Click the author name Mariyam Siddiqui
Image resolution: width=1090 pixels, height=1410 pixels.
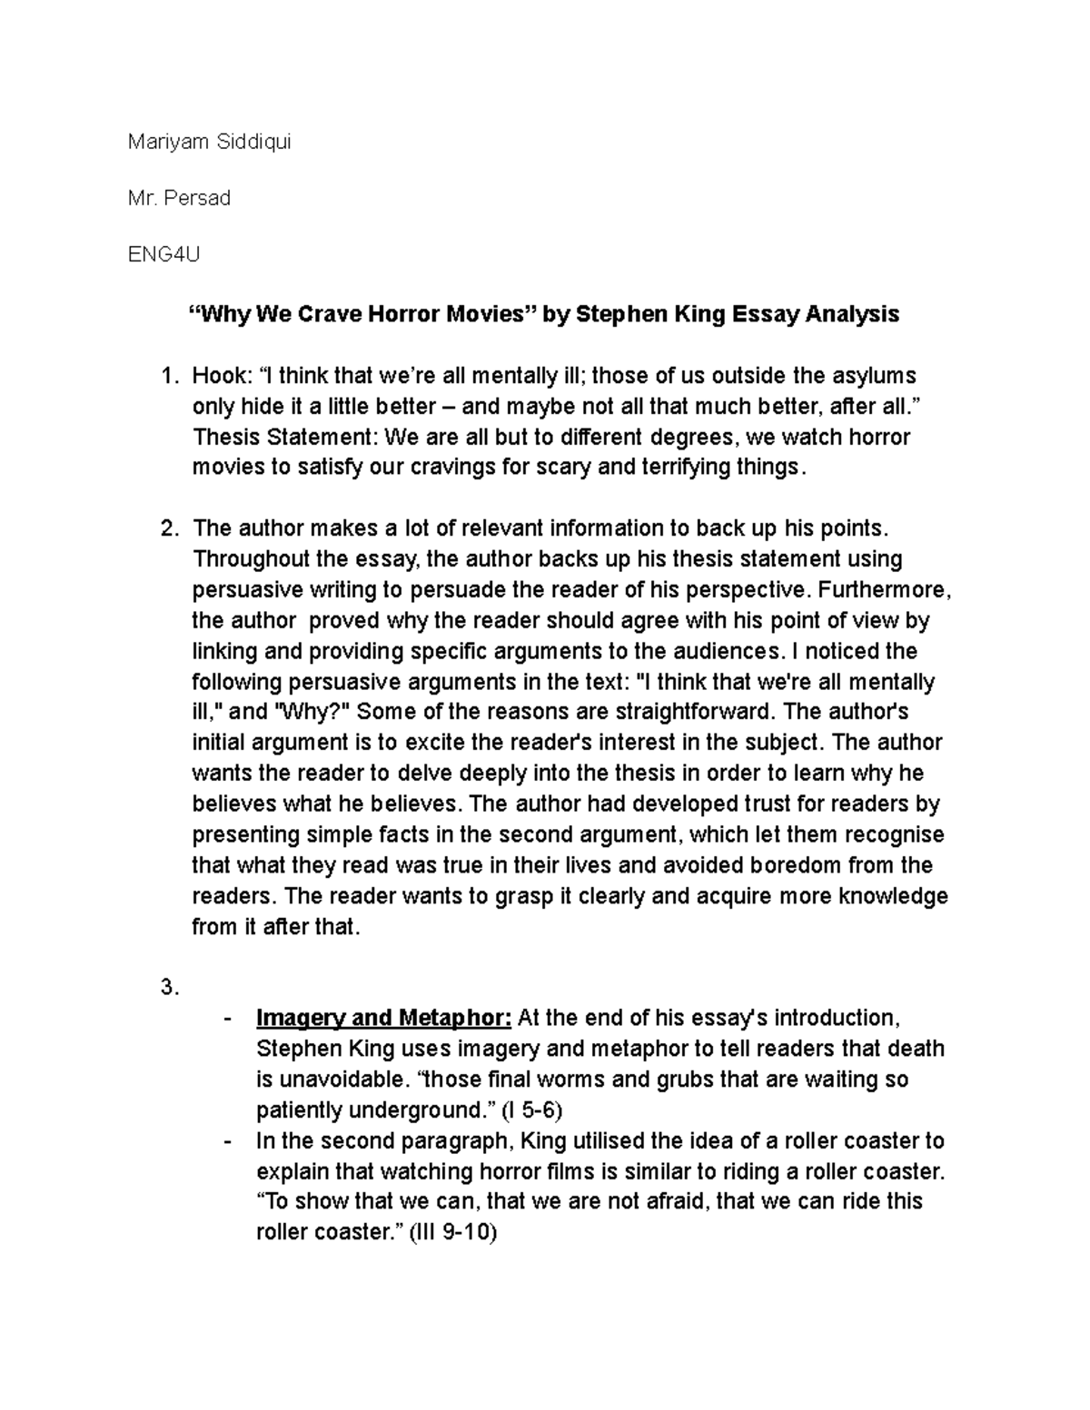209,142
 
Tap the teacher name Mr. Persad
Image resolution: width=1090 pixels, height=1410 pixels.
179,198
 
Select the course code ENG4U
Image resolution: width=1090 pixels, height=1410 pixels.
163,254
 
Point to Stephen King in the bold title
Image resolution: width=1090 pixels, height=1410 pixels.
649,314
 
